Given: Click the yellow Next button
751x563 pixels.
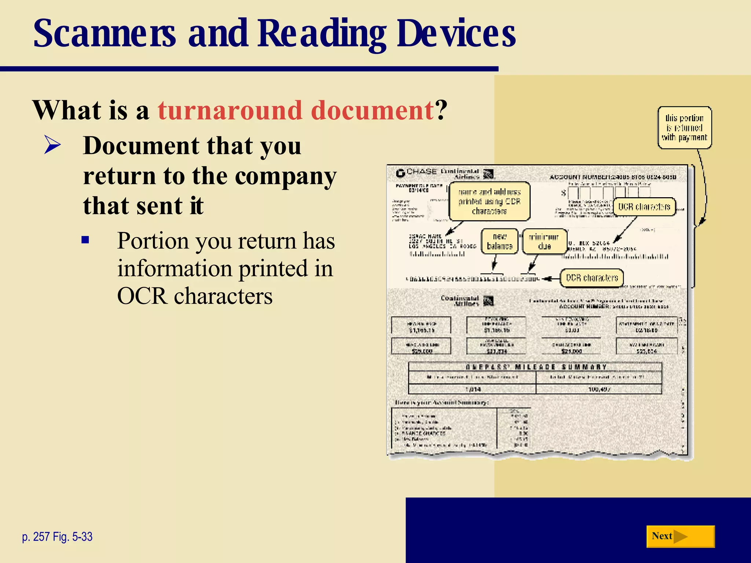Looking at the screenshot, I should (x=680, y=537).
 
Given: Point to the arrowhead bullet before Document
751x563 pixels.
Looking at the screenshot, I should (x=52, y=145).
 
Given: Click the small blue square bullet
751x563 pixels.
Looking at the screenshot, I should (x=85, y=240).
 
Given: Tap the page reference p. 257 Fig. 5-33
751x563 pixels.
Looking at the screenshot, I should (x=57, y=537).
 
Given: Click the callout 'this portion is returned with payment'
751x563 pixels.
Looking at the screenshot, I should (x=684, y=128).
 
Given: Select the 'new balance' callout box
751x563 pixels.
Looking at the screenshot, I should (x=499, y=241).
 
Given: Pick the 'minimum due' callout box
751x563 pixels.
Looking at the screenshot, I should (x=545, y=241).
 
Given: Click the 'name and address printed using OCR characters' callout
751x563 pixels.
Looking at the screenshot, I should (x=490, y=201).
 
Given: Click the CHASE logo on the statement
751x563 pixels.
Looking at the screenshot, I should (x=417, y=172).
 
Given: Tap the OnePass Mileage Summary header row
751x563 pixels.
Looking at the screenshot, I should (x=535, y=367).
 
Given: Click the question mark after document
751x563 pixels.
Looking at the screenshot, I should (x=442, y=110).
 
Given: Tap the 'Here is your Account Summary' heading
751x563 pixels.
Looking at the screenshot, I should (x=442, y=402).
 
